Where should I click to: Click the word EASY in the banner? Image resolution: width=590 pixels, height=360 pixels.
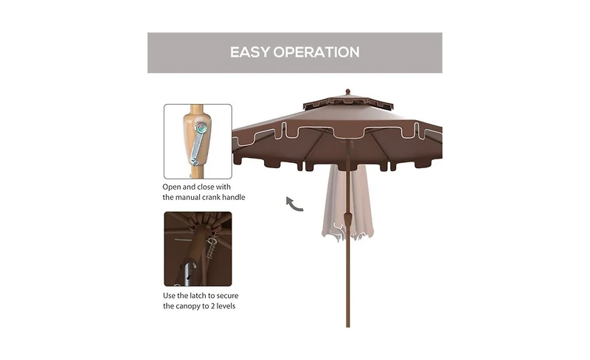[x=251, y=52]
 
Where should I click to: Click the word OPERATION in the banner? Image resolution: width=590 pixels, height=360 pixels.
[x=317, y=52]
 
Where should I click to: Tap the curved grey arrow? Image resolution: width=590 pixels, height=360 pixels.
[x=294, y=203]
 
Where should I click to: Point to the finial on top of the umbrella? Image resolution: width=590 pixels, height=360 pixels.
[x=348, y=92]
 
